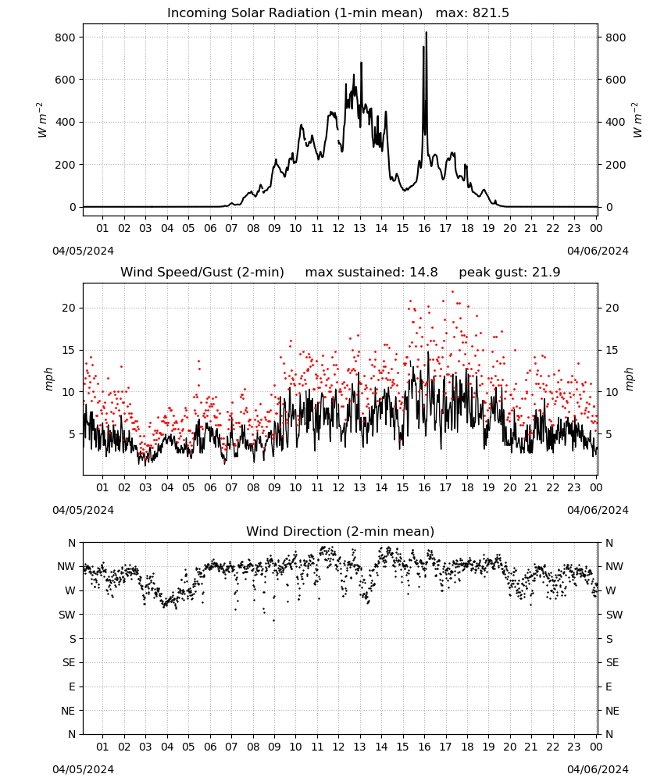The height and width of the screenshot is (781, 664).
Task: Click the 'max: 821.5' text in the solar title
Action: pyautogui.click(x=473, y=13)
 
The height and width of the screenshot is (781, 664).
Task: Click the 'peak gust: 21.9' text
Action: pyautogui.click(x=509, y=273)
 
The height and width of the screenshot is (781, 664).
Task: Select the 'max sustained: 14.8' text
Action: pyautogui.click(x=371, y=273)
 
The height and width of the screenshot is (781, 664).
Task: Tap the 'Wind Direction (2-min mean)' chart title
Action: pyautogui.click(x=341, y=531)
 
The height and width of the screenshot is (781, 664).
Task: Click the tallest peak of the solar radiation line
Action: pyautogui.click(x=427, y=33)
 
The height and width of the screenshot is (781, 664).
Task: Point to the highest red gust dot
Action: pyautogui.click(x=453, y=292)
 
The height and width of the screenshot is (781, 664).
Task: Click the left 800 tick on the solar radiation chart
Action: pyautogui.click(x=66, y=37)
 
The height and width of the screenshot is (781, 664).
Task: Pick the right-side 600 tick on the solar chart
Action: pyautogui.click(x=616, y=80)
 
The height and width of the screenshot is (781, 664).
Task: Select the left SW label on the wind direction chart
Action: pyautogui.click(x=67, y=615)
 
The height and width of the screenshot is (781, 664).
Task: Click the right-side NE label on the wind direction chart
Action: pyautogui.click(x=612, y=711)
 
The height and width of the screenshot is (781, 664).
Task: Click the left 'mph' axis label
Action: pyautogui.click(x=48, y=379)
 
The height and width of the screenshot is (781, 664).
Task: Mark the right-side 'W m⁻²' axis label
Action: pyautogui.click(x=637, y=120)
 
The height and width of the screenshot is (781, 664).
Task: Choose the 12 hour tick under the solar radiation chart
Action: pyautogui.click(x=338, y=229)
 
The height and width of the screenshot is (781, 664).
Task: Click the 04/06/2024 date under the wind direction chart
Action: pyautogui.click(x=598, y=769)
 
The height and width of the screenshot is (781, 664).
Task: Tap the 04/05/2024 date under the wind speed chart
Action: pyautogui.click(x=83, y=510)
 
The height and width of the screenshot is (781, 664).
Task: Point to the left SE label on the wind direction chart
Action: pyautogui.click(x=69, y=663)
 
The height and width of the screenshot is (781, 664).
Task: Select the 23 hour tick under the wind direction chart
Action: pyautogui.click(x=574, y=747)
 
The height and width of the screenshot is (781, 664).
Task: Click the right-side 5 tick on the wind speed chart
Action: pyautogui.click(x=609, y=435)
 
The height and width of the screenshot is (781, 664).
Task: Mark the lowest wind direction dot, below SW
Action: pyautogui.click(x=273, y=621)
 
